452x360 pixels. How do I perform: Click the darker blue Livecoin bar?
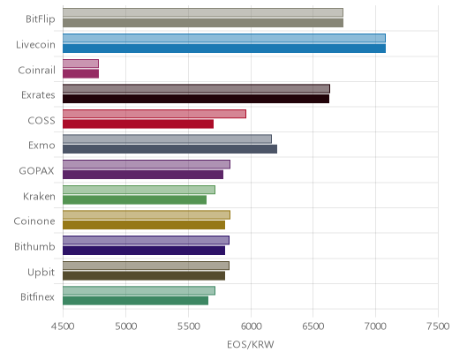coord(224,49)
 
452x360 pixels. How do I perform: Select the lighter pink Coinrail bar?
coord(80,64)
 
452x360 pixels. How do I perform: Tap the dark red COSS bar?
coord(138,124)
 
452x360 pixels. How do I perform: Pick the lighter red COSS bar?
coord(154,114)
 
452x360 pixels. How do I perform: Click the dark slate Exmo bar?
coord(169,149)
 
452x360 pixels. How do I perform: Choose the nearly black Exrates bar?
coord(196,99)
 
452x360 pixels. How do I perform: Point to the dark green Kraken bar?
coord(134,200)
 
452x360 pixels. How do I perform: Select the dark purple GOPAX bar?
coord(143,175)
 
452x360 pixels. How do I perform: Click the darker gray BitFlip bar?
coord(203,23)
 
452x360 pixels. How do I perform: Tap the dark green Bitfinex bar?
coord(135,301)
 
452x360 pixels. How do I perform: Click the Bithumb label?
coord(34,246)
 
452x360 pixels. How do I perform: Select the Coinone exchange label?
coord(34,221)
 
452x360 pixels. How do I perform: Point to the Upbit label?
coord(41,273)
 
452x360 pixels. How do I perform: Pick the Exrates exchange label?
coord(38,95)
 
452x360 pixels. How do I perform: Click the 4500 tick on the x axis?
coord(63,326)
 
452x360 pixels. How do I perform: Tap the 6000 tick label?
coord(251,326)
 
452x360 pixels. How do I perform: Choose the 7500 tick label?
coord(438,326)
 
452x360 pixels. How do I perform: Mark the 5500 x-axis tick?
coord(188,326)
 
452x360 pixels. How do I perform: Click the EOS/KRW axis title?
coord(251,344)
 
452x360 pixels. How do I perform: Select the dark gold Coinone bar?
coord(144,225)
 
